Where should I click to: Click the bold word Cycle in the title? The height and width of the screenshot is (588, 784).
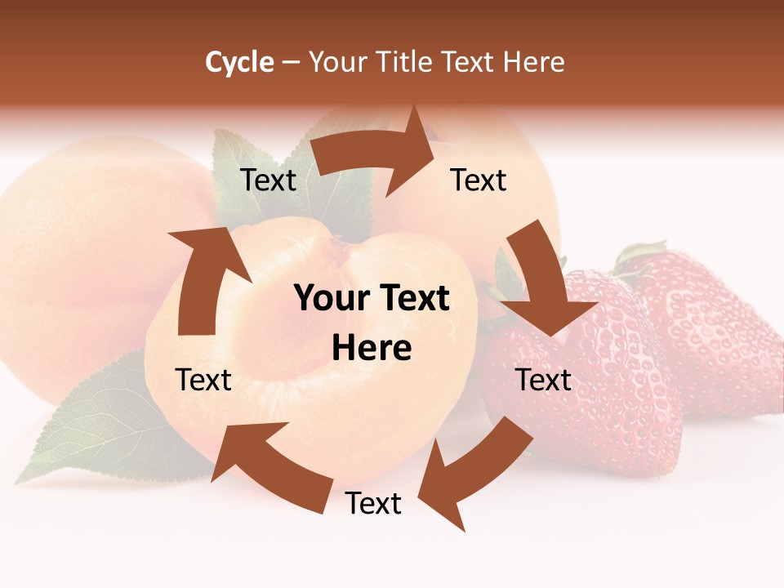tap(239, 62)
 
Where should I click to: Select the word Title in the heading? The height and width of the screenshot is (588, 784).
tap(408, 62)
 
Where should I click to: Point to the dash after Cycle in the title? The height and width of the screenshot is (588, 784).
tap(291, 63)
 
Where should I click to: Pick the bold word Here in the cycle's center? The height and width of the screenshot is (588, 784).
tap(372, 349)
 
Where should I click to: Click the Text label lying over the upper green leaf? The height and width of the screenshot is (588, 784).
tap(268, 180)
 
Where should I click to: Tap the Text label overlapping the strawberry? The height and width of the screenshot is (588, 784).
tap(543, 380)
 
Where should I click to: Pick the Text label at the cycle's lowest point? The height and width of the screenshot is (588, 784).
tap(373, 503)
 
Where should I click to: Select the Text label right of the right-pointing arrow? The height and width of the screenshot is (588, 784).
tap(479, 180)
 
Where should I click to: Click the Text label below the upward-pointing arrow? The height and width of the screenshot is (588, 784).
tap(203, 380)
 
